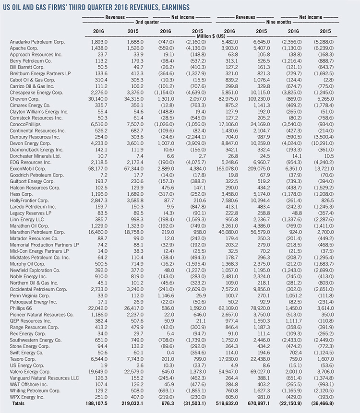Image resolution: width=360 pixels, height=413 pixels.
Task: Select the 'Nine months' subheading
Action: tap(280, 22)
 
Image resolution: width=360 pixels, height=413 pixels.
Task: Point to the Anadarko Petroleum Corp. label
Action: tap(35, 43)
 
